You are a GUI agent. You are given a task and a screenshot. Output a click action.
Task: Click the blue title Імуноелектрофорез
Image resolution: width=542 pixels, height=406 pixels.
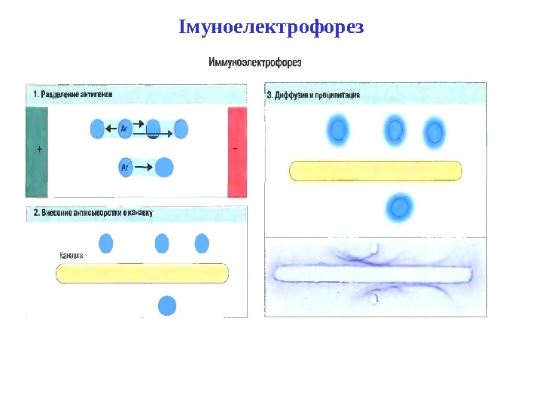coord(271,28)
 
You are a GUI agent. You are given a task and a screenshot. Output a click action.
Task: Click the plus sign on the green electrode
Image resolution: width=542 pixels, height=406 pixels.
coord(38,150)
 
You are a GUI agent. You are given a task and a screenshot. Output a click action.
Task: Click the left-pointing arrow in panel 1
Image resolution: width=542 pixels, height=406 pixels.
coord(110,129)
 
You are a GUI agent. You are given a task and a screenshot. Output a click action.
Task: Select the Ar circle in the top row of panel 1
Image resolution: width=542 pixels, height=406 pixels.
coord(125,129)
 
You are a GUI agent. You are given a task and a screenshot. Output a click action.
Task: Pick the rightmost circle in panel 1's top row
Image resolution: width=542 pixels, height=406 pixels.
coord(181,129)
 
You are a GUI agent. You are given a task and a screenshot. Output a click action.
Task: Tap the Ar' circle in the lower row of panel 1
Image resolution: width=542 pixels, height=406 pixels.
coord(126,167)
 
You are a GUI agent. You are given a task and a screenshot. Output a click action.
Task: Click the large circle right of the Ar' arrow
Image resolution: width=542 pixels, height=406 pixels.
coord(163,167)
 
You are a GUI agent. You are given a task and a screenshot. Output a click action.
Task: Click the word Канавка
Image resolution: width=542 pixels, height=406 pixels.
coord(71,256)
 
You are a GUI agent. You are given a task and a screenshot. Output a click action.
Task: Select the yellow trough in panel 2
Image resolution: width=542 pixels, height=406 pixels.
coord(142,273)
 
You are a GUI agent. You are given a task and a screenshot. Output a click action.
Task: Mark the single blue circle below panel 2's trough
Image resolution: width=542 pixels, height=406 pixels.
coord(167,306)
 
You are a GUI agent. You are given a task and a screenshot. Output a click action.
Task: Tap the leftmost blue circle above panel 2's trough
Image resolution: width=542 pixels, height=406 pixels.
coord(106,244)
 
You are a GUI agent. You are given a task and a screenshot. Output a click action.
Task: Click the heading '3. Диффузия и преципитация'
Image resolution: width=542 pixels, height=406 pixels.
coord(314,95)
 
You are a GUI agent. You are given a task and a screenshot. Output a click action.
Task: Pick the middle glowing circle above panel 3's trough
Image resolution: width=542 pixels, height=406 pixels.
coord(395,131)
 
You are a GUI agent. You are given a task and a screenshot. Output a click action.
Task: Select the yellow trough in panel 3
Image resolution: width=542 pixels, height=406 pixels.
coord(376,171)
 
